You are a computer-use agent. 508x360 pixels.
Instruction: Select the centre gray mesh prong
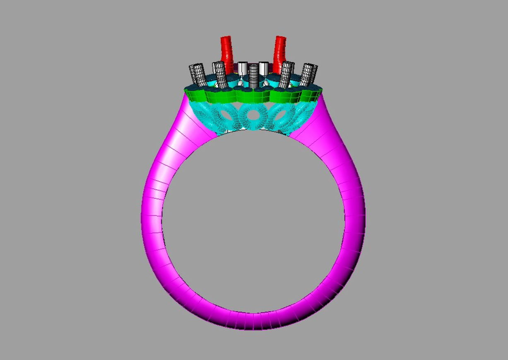pos(254,75)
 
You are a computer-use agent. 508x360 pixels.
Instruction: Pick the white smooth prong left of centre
pos(243,69)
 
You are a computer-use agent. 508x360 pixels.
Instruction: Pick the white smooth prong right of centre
pos(264,69)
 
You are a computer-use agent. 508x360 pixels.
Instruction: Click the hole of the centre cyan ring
pos(252,112)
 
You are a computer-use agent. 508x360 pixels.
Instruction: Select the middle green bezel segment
pos(253,96)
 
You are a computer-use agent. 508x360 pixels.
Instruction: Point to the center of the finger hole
pos(253,220)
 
